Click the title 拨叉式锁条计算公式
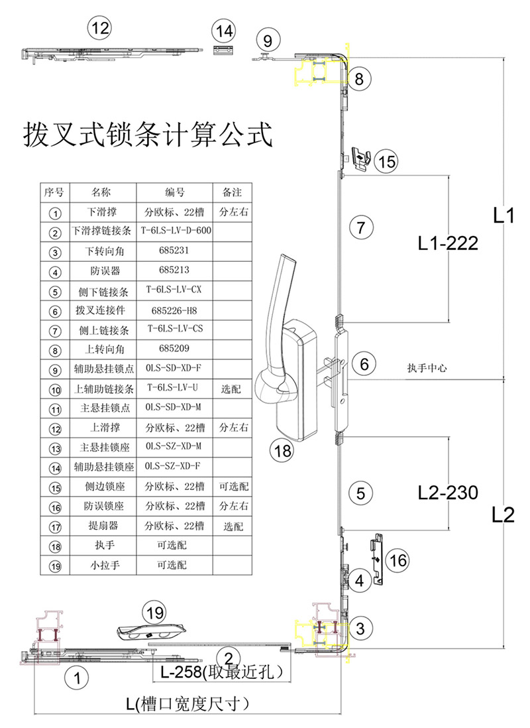point(148,135)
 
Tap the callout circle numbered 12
point(100,29)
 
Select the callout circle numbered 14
point(224,31)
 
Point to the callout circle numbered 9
point(268,40)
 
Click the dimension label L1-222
point(448,243)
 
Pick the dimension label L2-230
point(448,492)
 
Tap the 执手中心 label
point(427,368)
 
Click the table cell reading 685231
point(174,251)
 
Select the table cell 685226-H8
point(174,310)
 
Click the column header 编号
point(174,192)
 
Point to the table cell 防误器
point(103,271)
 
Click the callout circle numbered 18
point(282,450)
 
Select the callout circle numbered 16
point(398,560)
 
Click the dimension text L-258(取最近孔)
point(221,672)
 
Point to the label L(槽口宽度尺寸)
point(187,704)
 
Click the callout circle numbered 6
point(364,363)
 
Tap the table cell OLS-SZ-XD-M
point(174,446)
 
